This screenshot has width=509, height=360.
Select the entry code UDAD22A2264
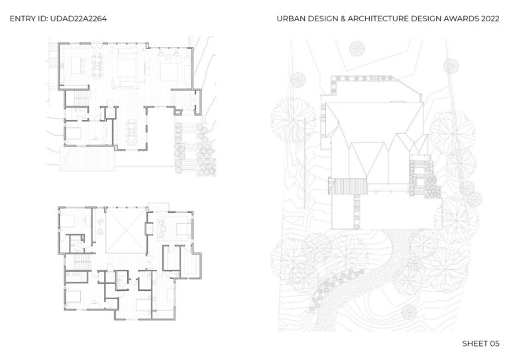[x=79, y=19]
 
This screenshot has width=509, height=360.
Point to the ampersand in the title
[x=343, y=19]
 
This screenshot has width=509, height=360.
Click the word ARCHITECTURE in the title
[x=378, y=19]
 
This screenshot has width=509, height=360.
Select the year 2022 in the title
[x=490, y=19]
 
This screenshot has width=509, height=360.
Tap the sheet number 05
[x=494, y=343]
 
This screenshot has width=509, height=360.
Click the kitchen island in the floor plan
[x=76, y=65]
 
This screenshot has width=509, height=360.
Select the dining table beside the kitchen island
[x=97, y=66]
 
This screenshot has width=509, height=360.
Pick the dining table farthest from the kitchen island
[x=131, y=132]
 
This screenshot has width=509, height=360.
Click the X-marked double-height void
[x=126, y=231]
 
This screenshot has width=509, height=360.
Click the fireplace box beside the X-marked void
[x=149, y=229]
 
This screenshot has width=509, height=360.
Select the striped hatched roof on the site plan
[x=348, y=186]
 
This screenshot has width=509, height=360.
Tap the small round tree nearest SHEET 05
[x=408, y=312]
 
